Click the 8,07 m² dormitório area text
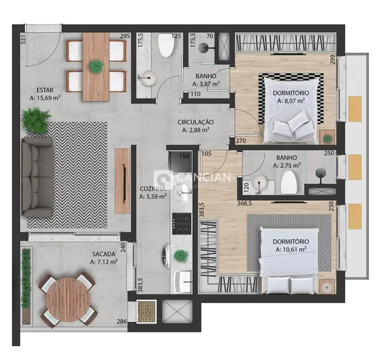point(295,101)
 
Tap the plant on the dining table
point(96,66)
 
